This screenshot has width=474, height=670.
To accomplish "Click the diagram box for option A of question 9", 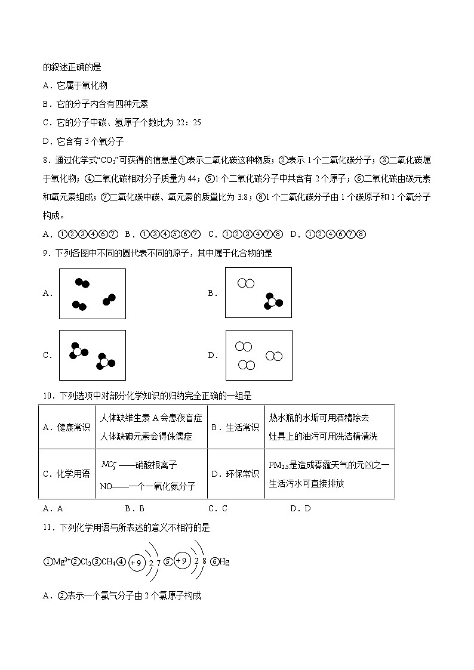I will [93, 294].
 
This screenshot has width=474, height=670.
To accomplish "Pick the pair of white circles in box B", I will [245, 283].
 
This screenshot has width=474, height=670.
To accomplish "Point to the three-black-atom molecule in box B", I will [272, 302].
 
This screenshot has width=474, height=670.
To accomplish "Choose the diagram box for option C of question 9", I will [93, 355].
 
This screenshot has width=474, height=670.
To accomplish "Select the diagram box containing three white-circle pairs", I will [258, 355].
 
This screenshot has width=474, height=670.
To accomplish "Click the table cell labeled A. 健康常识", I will [66, 427].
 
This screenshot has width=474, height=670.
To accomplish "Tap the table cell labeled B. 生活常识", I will [235, 427].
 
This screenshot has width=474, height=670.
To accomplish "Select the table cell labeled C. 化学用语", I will [66, 474].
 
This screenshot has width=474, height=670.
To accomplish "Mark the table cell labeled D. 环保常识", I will [235, 474].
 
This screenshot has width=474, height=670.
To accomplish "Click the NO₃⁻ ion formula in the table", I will [108, 464].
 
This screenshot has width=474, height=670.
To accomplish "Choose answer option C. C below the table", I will [218, 508].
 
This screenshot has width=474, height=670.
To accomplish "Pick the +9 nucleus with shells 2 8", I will [182, 561].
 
